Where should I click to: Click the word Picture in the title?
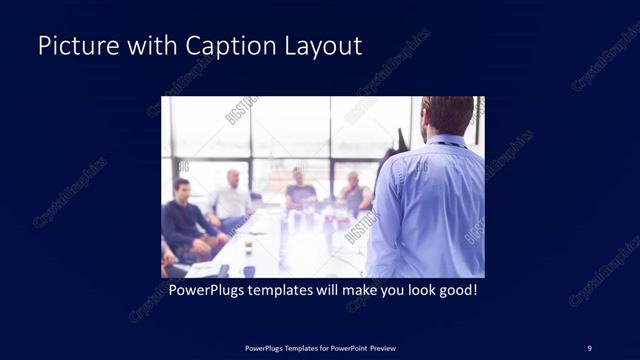75,46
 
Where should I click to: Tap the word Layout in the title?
320,46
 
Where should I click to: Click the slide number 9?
590,348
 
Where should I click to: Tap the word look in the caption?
421,291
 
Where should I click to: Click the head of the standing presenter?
446,114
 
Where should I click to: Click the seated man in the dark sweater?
184,220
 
